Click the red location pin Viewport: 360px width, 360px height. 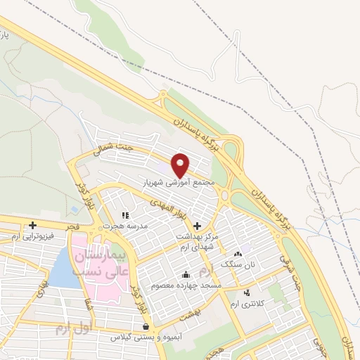[181, 165]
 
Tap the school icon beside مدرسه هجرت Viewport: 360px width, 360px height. [125, 216]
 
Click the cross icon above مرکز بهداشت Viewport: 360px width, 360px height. [197, 226]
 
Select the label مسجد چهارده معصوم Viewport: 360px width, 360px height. [185, 286]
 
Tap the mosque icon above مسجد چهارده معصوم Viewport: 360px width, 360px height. [186, 275]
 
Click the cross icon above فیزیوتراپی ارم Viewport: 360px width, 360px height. [32, 225]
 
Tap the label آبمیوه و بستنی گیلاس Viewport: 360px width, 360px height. [145, 337]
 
